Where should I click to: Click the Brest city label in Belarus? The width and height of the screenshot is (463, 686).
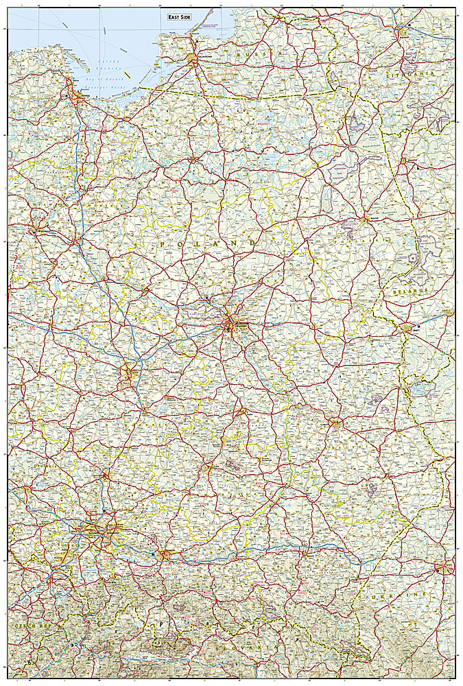(410, 327)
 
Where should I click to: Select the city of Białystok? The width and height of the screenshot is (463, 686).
(364, 220)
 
